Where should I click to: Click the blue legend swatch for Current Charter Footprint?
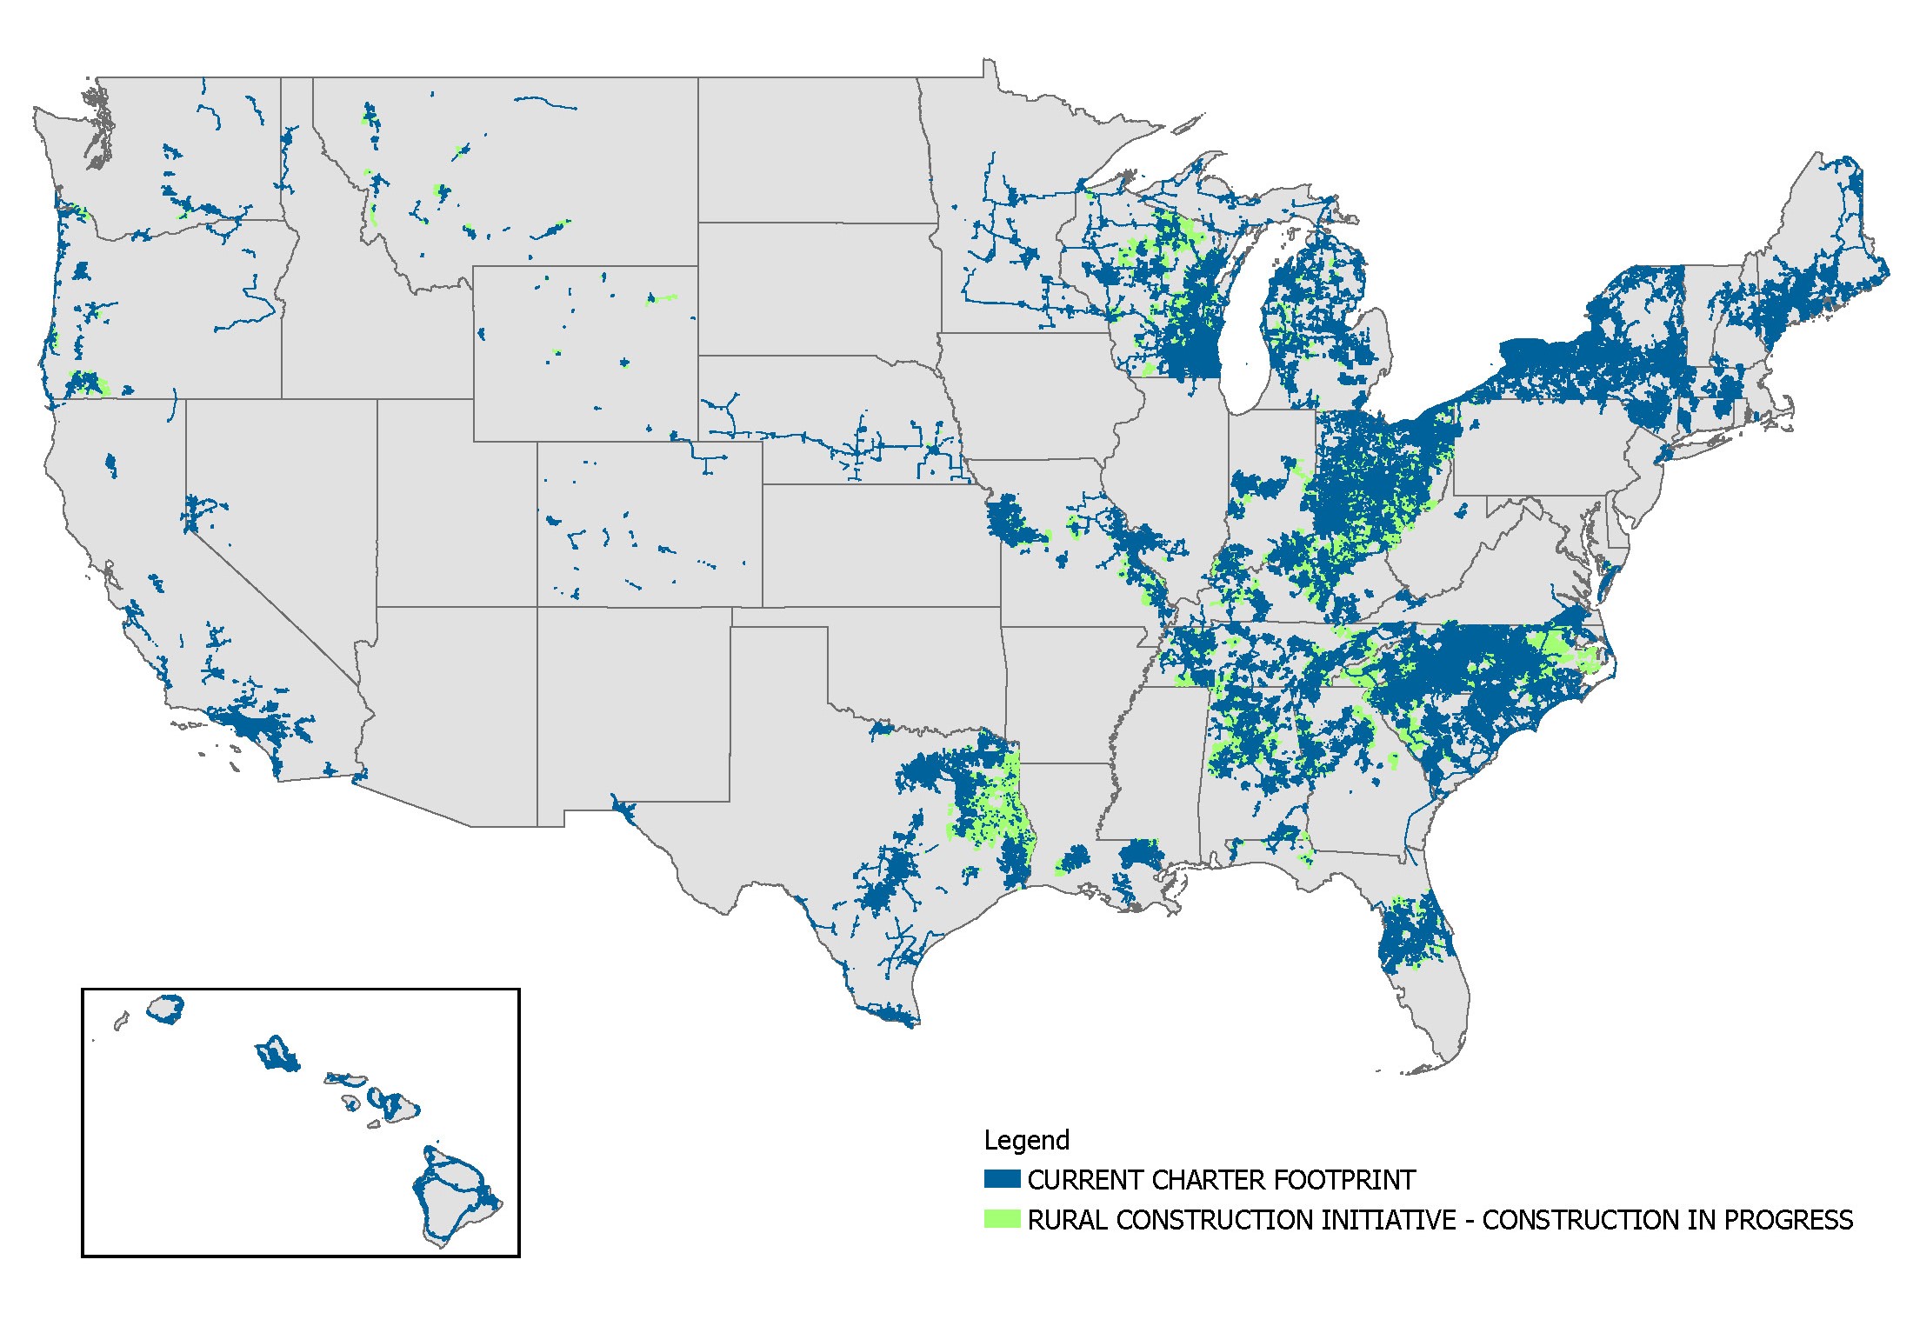pos(1002,1179)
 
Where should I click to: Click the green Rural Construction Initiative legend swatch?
pos(1002,1219)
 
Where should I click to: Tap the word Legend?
pos(1026,1140)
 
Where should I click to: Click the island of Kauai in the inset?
pos(165,1009)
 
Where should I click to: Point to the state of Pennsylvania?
pos(1539,452)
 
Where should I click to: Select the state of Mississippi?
pos(1156,765)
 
